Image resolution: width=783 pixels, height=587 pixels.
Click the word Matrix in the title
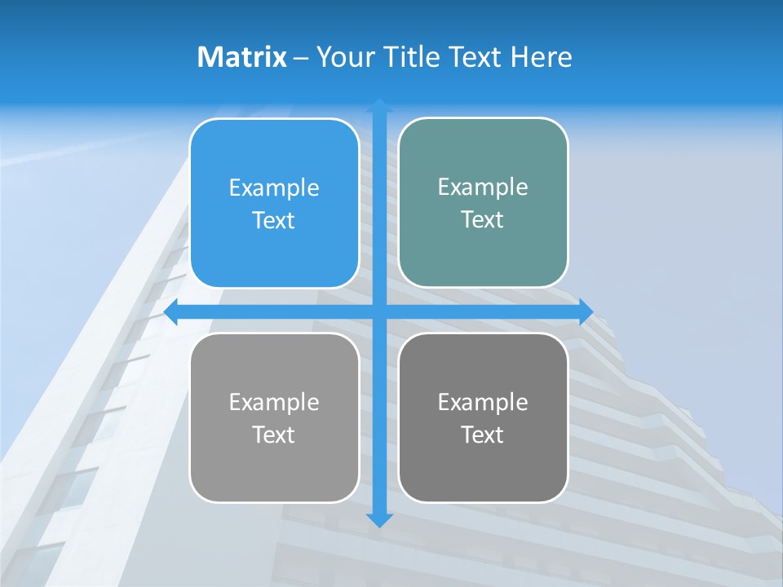(241, 57)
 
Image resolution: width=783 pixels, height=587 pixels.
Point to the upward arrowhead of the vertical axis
(379, 105)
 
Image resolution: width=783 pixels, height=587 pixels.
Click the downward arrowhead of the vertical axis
(379, 519)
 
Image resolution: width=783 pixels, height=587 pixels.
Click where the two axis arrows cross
(379, 311)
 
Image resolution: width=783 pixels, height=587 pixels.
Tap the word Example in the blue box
(274, 188)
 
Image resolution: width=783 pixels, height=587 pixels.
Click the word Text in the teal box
(483, 219)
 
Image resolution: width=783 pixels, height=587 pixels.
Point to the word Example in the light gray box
(274, 402)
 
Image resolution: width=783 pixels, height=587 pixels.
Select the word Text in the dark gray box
(483, 435)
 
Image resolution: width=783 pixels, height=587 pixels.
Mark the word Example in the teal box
(483, 187)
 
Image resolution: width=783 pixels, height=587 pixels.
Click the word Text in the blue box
(274, 220)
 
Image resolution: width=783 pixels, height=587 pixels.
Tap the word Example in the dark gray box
(483, 402)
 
